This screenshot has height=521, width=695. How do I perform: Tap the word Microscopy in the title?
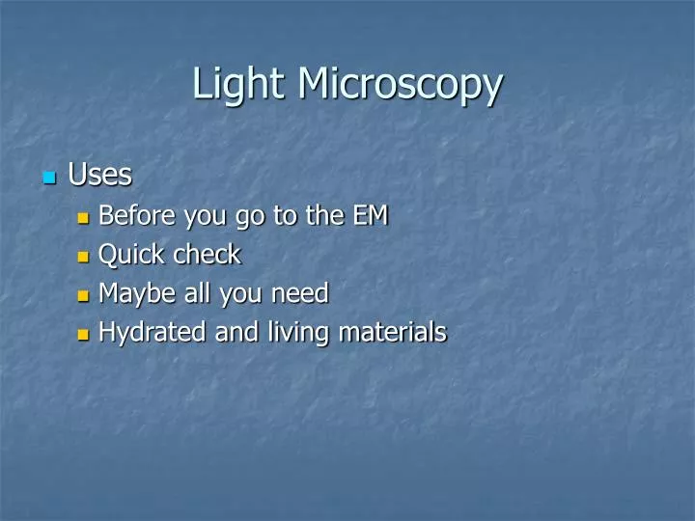[x=399, y=84]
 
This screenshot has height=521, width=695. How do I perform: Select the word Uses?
[x=99, y=176]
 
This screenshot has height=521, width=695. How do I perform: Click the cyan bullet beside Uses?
[x=49, y=178]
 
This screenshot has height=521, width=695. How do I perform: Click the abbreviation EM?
[x=370, y=216]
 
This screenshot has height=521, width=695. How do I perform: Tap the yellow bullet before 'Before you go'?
[x=83, y=218]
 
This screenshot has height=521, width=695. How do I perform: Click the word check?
[x=207, y=255]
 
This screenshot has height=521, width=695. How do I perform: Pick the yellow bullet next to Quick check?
[x=83, y=257]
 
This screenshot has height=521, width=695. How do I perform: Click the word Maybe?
[x=134, y=293]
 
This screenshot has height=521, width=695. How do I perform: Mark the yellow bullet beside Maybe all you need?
[x=83, y=295]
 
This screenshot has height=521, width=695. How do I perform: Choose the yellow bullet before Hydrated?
[x=83, y=335]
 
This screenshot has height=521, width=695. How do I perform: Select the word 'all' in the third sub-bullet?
[x=199, y=293]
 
